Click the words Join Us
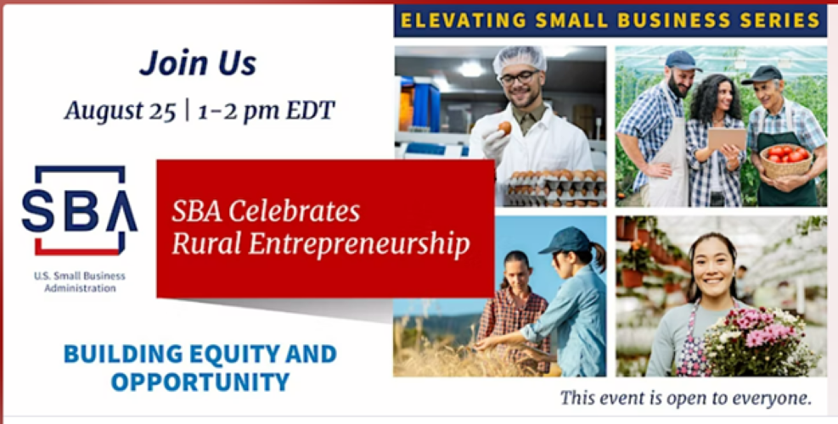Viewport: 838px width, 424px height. pyautogui.click(x=198, y=64)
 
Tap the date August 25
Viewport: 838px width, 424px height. pyautogui.click(x=121, y=110)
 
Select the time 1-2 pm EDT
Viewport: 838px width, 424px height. pyautogui.click(x=266, y=110)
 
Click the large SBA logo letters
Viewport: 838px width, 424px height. pyautogui.click(x=79, y=209)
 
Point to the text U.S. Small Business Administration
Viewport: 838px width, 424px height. pyautogui.click(x=80, y=282)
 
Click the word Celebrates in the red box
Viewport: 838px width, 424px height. pyautogui.click(x=295, y=211)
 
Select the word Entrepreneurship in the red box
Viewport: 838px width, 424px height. pyautogui.click(x=359, y=243)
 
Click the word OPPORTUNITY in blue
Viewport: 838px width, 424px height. pyautogui.click(x=200, y=382)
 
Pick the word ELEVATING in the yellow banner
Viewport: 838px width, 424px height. pyautogui.click(x=463, y=21)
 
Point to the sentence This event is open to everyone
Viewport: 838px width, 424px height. pyautogui.click(x=686, y=398)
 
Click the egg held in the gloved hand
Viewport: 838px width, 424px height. pyautogui.click(x=504, y=128)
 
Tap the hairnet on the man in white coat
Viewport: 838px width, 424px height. pyautogui.click(x=520, y=60)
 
